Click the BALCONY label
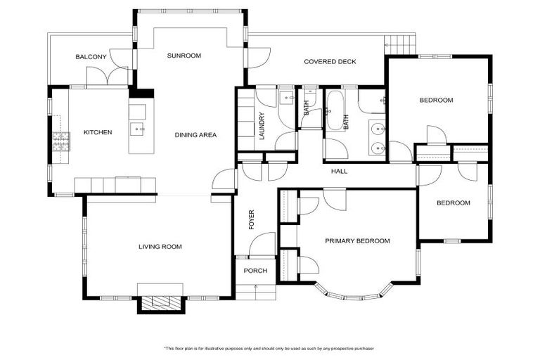(91, 57)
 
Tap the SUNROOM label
(184, 56)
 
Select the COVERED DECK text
(330, 62)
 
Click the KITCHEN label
(98, 132)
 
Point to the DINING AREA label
(195, 135)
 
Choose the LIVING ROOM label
(160, 247)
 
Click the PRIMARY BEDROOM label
(357, 241)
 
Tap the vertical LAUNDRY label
(262, 127)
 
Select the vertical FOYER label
(251, 219)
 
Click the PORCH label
(255, 271)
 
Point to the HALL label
(340, 171)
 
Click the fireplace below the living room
(161, 302)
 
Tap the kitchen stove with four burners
(61, 141)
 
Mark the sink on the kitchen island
(138, 129)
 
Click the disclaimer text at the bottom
(270, 349)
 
